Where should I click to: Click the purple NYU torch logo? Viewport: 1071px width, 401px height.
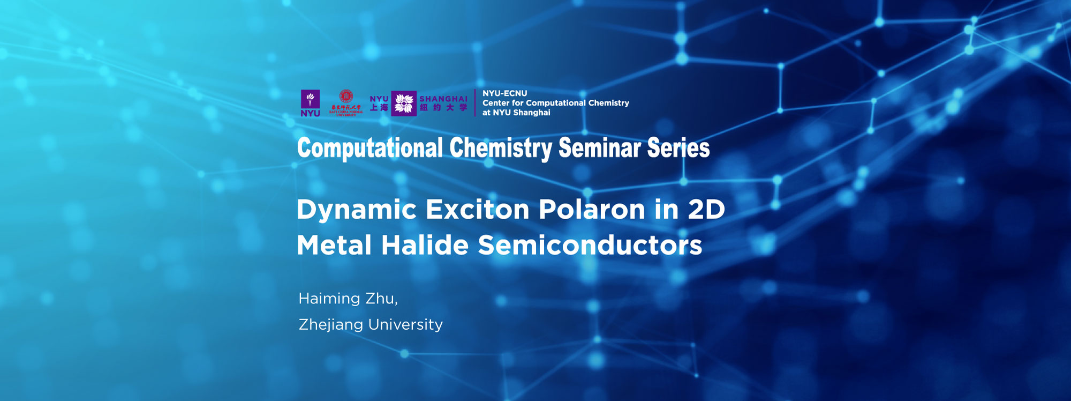click(x=310, y=102)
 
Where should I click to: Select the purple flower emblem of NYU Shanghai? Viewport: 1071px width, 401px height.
click(x=404, y=103)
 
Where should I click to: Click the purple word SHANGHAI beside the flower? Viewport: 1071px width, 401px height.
click(x=443, y=99)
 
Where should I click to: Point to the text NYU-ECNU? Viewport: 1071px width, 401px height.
click(x=504, y=93)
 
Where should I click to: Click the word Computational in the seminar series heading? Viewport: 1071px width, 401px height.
click(x=370, y=148)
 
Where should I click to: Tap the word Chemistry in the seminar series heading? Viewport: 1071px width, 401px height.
click(x=500, y=148)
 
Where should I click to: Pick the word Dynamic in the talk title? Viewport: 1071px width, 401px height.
click(x=357, y=210)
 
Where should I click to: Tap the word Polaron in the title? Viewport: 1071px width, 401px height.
click(x=592, y=210)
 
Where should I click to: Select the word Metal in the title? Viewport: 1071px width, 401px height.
click(x=334, y=246)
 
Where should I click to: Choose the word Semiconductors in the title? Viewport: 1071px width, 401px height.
click(x=590, y=246)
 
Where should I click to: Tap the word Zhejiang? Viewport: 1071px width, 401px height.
click(x=330, y=325)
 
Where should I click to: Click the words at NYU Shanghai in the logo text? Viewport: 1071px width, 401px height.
click(x=516, y=113)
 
